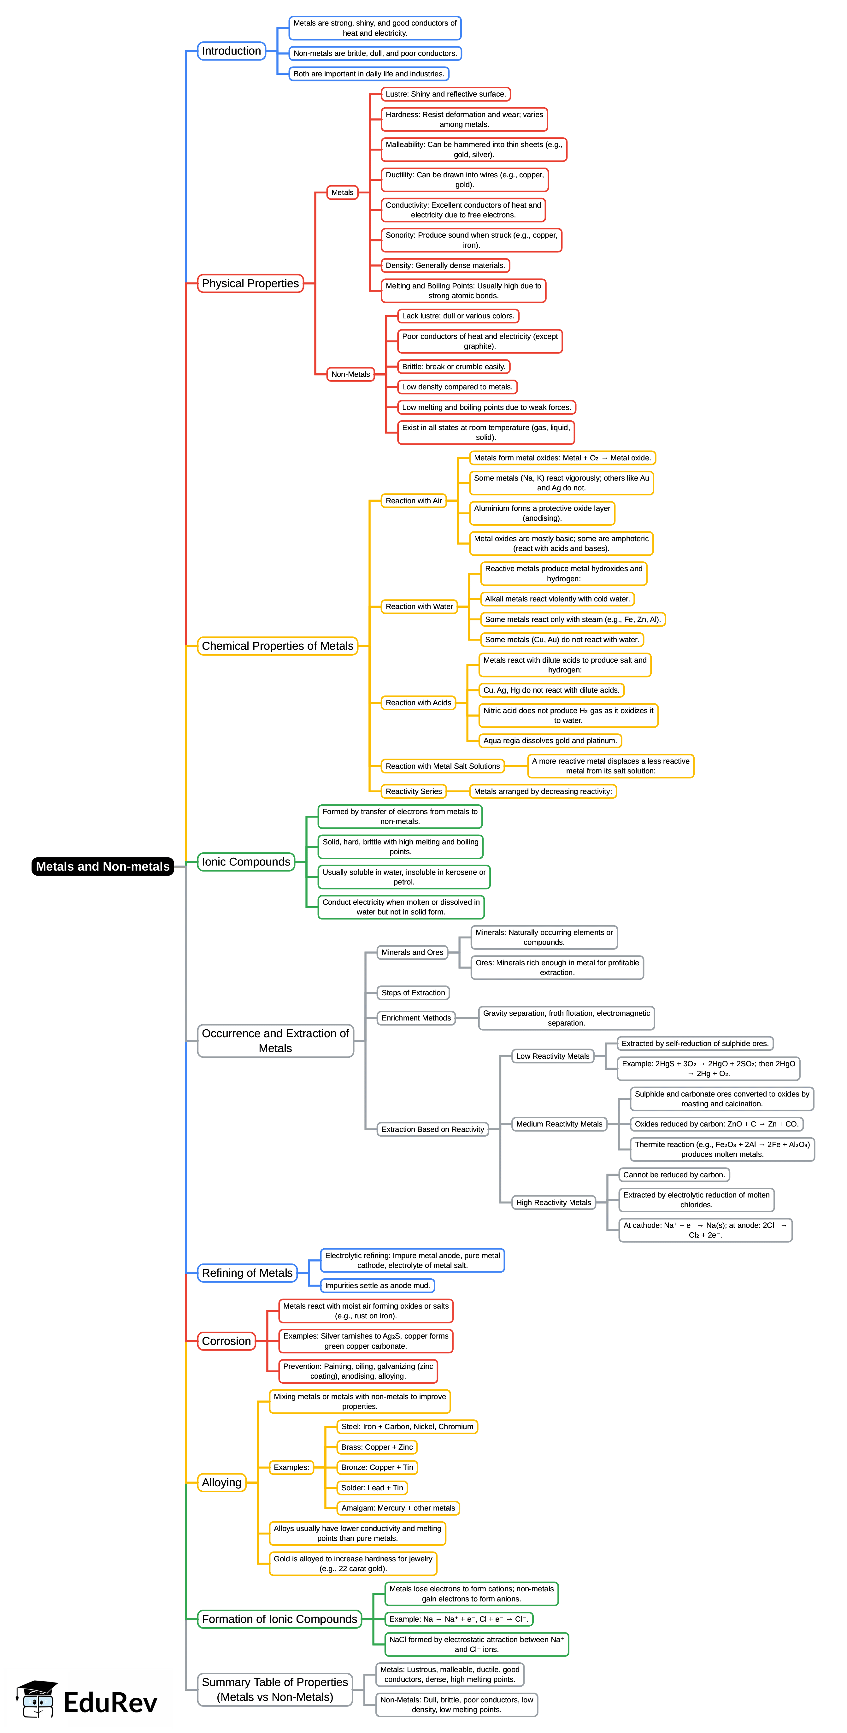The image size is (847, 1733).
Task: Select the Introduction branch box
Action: (x=232, y=51)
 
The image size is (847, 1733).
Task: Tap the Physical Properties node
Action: (x=250, y=283)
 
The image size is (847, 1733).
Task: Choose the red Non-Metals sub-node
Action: (x=350, y=374)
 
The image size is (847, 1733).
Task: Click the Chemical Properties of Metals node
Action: (x=277, y=646)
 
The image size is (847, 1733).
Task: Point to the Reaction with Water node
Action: (x=419, y=607)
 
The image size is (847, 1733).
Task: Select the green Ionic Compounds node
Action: (x=246, y=862)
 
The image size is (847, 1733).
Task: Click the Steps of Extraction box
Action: (x=413, y=993)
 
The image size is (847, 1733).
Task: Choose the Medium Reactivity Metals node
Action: (x=559, y=1124)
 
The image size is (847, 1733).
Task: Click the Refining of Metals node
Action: (x=247, y=1273)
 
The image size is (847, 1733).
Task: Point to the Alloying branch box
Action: (x=221, y=1483)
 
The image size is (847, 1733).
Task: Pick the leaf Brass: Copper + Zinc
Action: (x=377, y=1447)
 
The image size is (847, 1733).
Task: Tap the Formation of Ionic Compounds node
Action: (x=279, y=1619)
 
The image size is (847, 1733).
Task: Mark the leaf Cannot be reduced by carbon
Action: (x=674, y=1174)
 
